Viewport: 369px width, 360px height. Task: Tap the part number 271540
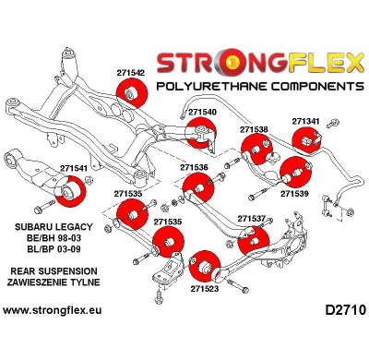tap(203, 112)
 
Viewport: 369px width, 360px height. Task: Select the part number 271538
tap(255, 130)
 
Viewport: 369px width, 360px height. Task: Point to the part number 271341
tap(306, 121)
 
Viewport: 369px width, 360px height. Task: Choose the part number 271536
tap(194, 167)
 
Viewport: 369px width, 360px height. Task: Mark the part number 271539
tap(294, 194)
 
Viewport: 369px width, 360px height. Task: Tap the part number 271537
tap(252, 219)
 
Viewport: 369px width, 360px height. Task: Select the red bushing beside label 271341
tap(305, 143)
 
